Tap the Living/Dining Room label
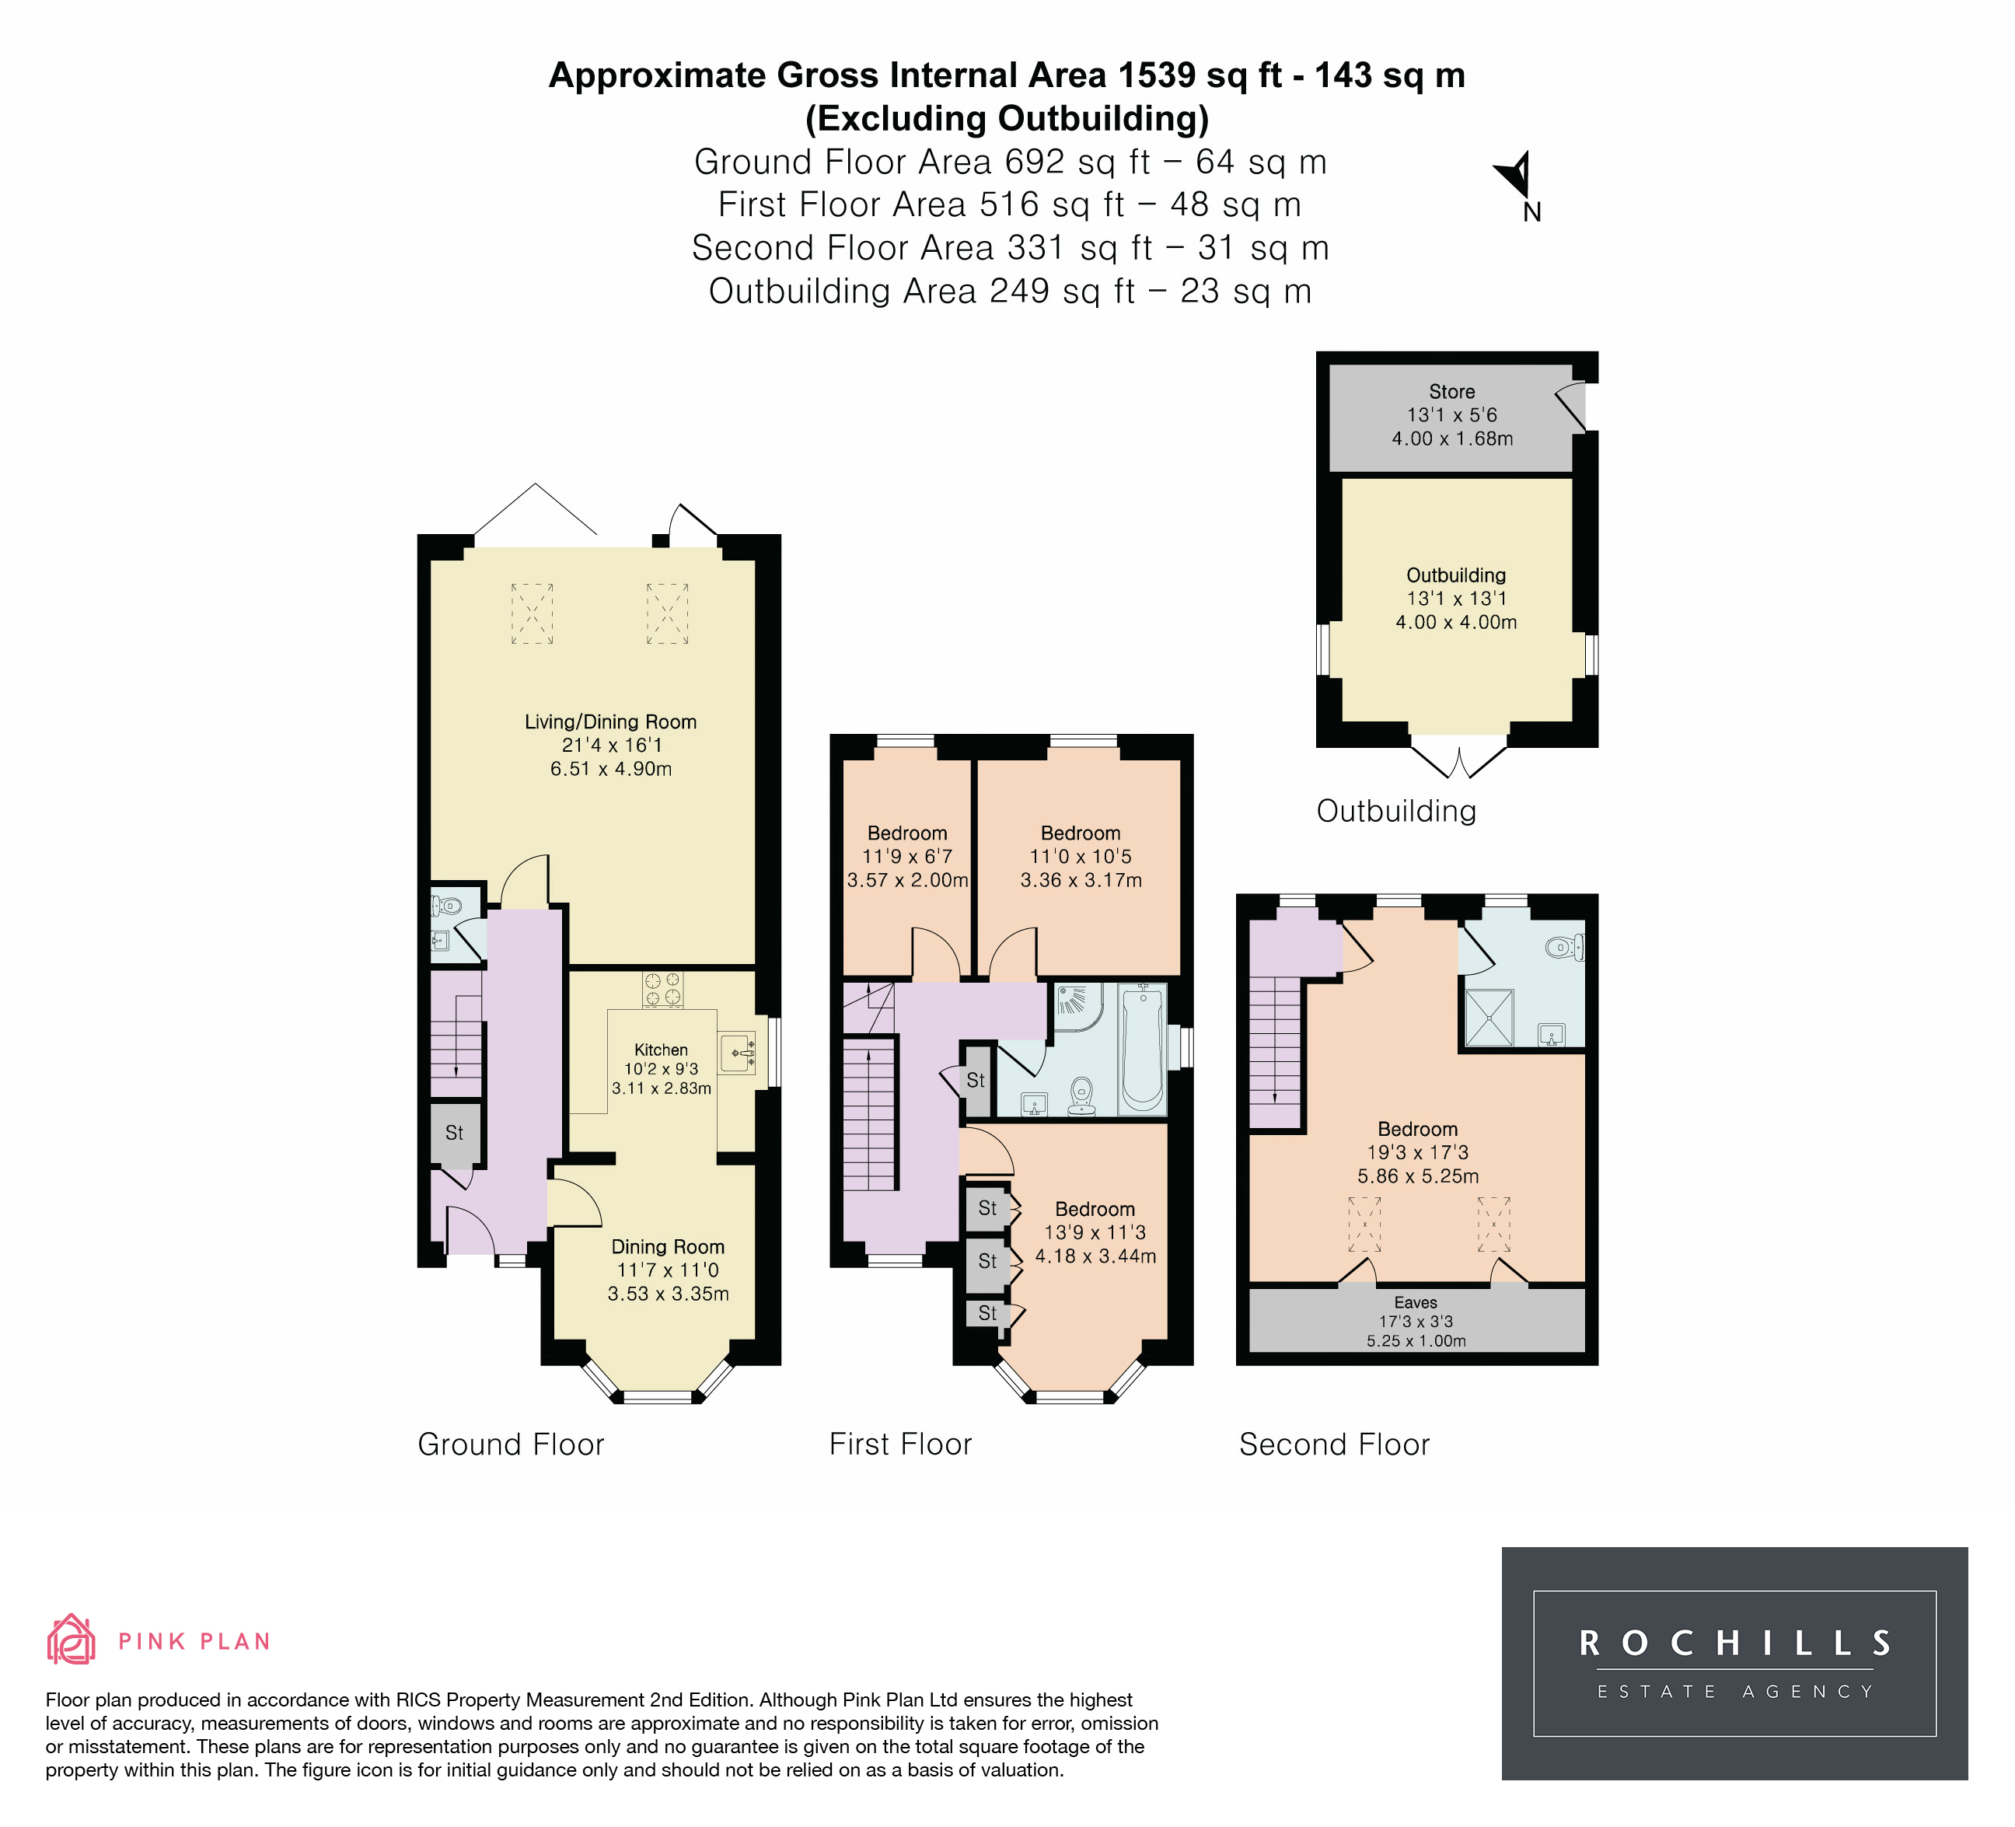pos(611,721)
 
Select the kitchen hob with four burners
pos(662,990)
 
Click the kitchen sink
pos(737,1053)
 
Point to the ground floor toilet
pos(445,907)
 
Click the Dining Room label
pos(668,1246)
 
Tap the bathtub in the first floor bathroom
pos(1143,1049)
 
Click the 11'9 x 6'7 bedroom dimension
pos(907,857)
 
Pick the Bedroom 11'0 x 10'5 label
pos(1081,844)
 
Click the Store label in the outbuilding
pos(1451,392)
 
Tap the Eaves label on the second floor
pos(1416,1302)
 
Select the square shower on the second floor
pos(1489,1018)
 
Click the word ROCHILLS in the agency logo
pos(1734,1643)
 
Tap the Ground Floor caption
pos(511,1444)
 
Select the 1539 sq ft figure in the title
pos(1200,75)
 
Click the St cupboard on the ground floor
pos(456,1134)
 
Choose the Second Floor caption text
pos(1334,1444)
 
